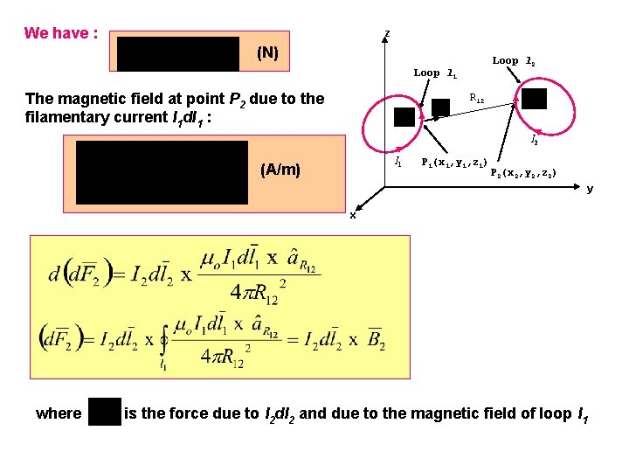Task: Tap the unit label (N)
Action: (267, 53)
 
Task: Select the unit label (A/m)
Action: (280, 169)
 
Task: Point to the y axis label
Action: (590, 189)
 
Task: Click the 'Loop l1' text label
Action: (434, 73)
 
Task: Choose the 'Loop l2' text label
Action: (514, 61)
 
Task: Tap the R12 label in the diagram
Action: (477, 98)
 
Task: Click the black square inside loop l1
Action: (404, 117)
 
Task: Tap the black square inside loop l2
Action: (534, 99)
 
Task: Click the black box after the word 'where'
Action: (105, 412)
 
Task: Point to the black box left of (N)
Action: (178, 53)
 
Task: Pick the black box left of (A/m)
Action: (162, 166)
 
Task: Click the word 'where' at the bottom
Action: (58, 413)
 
